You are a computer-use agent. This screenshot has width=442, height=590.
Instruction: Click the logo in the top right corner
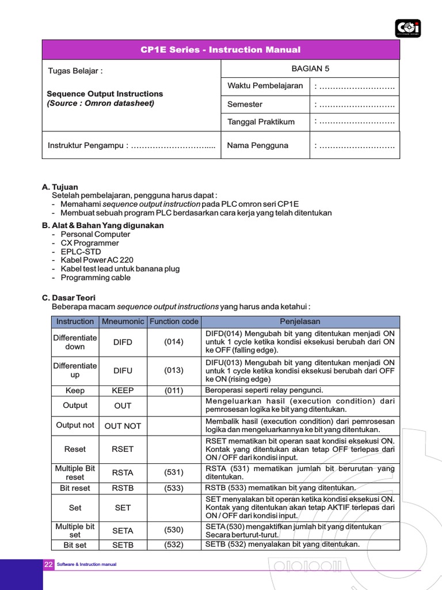(x=407, y=28)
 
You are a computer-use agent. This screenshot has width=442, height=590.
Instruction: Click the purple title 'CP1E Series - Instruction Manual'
(x=220, y=50)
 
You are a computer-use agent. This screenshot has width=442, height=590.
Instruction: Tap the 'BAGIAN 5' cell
(x=310, y=69)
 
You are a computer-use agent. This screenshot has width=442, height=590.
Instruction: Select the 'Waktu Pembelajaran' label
(x=265, y=86)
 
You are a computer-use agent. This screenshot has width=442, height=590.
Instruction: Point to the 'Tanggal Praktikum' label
(x=261, y=122)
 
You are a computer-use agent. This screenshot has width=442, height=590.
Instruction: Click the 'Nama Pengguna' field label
(x=257, y=145)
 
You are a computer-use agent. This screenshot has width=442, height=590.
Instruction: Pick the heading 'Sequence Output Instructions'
(x=105, y=93)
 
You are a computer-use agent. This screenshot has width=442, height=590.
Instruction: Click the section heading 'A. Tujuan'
(x=60, y=187)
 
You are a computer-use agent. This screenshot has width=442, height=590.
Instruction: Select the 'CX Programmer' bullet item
(x=90, y=243)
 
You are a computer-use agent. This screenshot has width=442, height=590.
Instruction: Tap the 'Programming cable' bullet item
(x=96, y=278)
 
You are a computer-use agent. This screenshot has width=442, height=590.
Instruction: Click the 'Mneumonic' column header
(x=123, y=322)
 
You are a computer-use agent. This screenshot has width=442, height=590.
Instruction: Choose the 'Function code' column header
(x=174, y=322)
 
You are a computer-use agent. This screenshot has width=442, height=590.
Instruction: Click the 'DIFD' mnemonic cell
(x=123, y=342)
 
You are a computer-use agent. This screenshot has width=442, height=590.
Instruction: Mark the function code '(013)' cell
(x=174, y=371)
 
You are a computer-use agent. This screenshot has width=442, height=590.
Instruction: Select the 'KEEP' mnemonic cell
(x=123, y=391)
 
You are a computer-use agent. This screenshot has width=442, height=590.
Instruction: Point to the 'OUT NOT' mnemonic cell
(x=123, y=426)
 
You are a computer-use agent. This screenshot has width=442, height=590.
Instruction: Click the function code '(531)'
(x=174, y=472)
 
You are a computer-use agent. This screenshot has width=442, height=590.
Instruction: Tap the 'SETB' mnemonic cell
(x=123, y=545)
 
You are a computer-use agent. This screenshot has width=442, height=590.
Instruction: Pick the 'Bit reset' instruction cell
(x=75, y=488)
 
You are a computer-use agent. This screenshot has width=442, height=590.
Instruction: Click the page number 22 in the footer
(x=48, y=565)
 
